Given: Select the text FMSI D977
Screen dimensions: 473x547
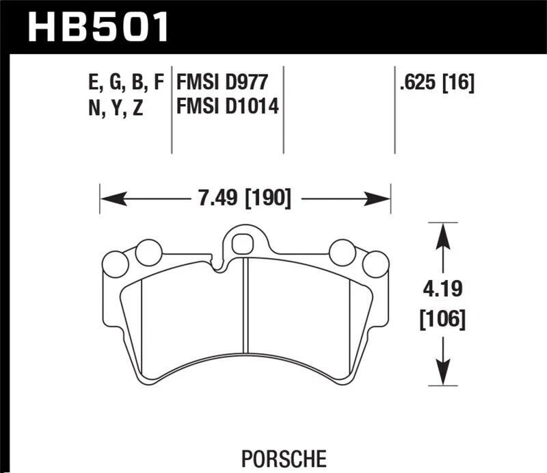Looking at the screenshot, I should [x=220, y=84].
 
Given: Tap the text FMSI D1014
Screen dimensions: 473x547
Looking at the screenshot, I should [x=228, y=107].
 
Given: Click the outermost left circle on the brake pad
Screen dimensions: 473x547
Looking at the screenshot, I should [x=111, y=263].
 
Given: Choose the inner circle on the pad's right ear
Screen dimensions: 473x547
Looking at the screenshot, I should [x=340, y=252].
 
